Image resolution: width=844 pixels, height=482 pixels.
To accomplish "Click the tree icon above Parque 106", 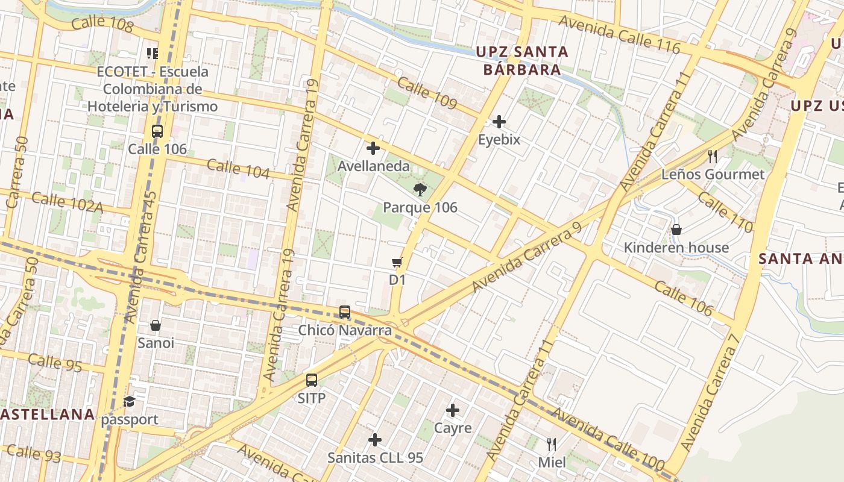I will tap(420, 190).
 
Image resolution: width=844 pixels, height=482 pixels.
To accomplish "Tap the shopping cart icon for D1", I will tap(397, 262).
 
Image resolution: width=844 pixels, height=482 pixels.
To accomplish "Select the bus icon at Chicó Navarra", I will tap(345, 312).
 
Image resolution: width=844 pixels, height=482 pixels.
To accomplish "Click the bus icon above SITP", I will tap(311, 380).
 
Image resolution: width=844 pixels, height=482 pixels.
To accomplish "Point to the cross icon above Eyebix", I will tap(499, 122).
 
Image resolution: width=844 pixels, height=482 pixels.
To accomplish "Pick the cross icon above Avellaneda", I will tap(373, 148).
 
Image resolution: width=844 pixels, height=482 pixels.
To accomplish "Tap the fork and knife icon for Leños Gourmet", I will tap(713, 157).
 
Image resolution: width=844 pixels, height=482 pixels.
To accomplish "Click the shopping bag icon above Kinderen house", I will tap(676, 230).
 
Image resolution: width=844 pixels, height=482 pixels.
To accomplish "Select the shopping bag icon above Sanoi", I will tap(156, 325).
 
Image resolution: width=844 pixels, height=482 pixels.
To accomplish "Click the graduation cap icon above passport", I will tap(130, 402).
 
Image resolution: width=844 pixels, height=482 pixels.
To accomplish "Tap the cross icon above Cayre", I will tap(453, 411).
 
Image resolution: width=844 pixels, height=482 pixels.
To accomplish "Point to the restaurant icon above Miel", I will tap(552, 445).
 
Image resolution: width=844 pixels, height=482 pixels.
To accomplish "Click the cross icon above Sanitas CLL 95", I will tap(375, 440).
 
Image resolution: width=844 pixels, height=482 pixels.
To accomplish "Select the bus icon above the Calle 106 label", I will tap(157, 131).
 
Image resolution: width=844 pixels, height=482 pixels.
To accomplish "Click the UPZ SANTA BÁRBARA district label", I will tap(522, 60).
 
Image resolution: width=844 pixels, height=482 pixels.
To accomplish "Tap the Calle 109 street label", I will tap(427, 93).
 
